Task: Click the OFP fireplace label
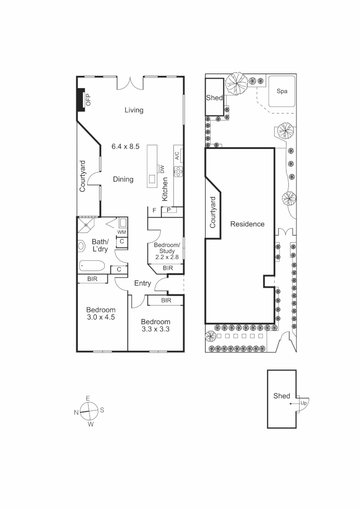(88, 99)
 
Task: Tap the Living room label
(134, 110)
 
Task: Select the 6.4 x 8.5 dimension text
(125, 147)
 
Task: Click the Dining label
(123, 179)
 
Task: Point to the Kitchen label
(165, 189)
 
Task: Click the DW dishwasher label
(162, 168)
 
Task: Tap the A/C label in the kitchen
(177, 156)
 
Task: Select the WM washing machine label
(122, 232)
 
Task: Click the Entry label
(142, 283)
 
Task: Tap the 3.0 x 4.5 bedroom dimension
(101, 317)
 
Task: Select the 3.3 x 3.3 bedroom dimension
(155, 329)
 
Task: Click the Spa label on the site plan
(282, 91)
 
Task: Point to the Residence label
(247, 224)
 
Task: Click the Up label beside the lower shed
(304, 403)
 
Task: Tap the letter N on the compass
(76, 412)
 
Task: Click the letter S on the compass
(102, 410)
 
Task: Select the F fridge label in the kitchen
(154, 210)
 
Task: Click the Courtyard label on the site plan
(213, 213)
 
